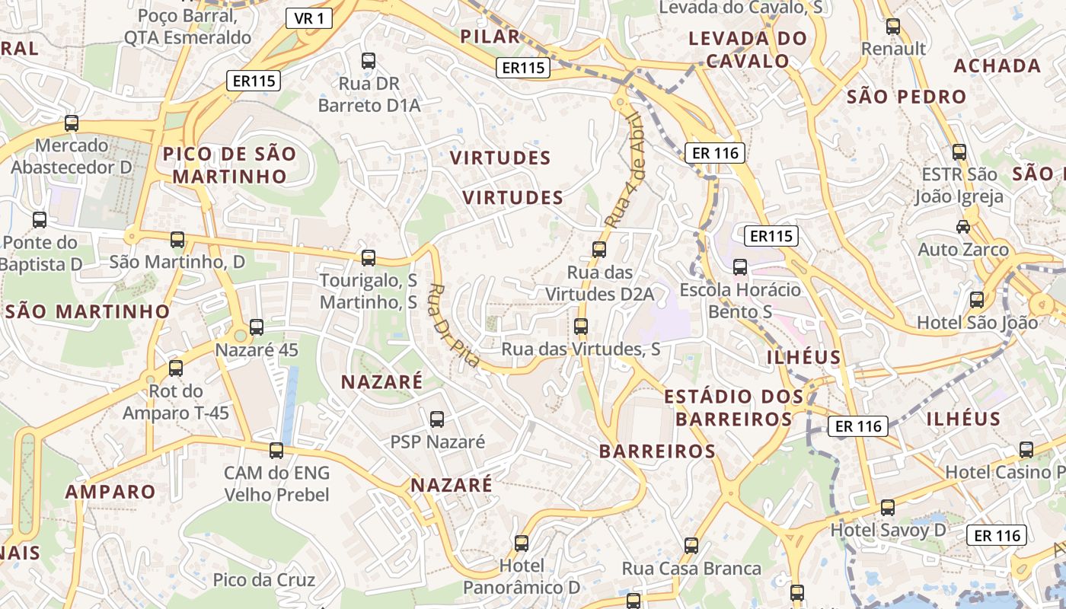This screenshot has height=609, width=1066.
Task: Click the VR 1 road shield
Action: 309,19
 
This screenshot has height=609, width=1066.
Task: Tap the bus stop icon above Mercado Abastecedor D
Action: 72,123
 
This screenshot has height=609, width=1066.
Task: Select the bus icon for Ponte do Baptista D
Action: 40,220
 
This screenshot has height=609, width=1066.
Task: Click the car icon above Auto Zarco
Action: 963,226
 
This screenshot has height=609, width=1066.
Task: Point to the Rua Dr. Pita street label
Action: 454,326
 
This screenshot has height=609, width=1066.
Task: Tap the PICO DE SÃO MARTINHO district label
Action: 229,165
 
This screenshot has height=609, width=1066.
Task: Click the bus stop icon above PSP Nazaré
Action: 437,419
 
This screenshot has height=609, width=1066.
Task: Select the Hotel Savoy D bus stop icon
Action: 887,507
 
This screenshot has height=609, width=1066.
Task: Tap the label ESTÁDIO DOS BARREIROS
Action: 734,407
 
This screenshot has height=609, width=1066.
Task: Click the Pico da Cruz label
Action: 263,580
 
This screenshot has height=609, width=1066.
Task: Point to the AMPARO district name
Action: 110,491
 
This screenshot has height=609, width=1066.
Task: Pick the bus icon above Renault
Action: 893,27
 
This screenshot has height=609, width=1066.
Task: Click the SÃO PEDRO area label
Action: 906,97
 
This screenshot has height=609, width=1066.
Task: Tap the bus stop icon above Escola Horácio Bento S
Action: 740,267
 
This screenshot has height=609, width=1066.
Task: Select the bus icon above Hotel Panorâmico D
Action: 522,543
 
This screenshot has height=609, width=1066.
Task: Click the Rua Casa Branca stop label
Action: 691,569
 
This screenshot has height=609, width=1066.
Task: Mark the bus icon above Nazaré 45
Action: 257,327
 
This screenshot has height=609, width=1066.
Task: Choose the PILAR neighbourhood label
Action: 490,36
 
